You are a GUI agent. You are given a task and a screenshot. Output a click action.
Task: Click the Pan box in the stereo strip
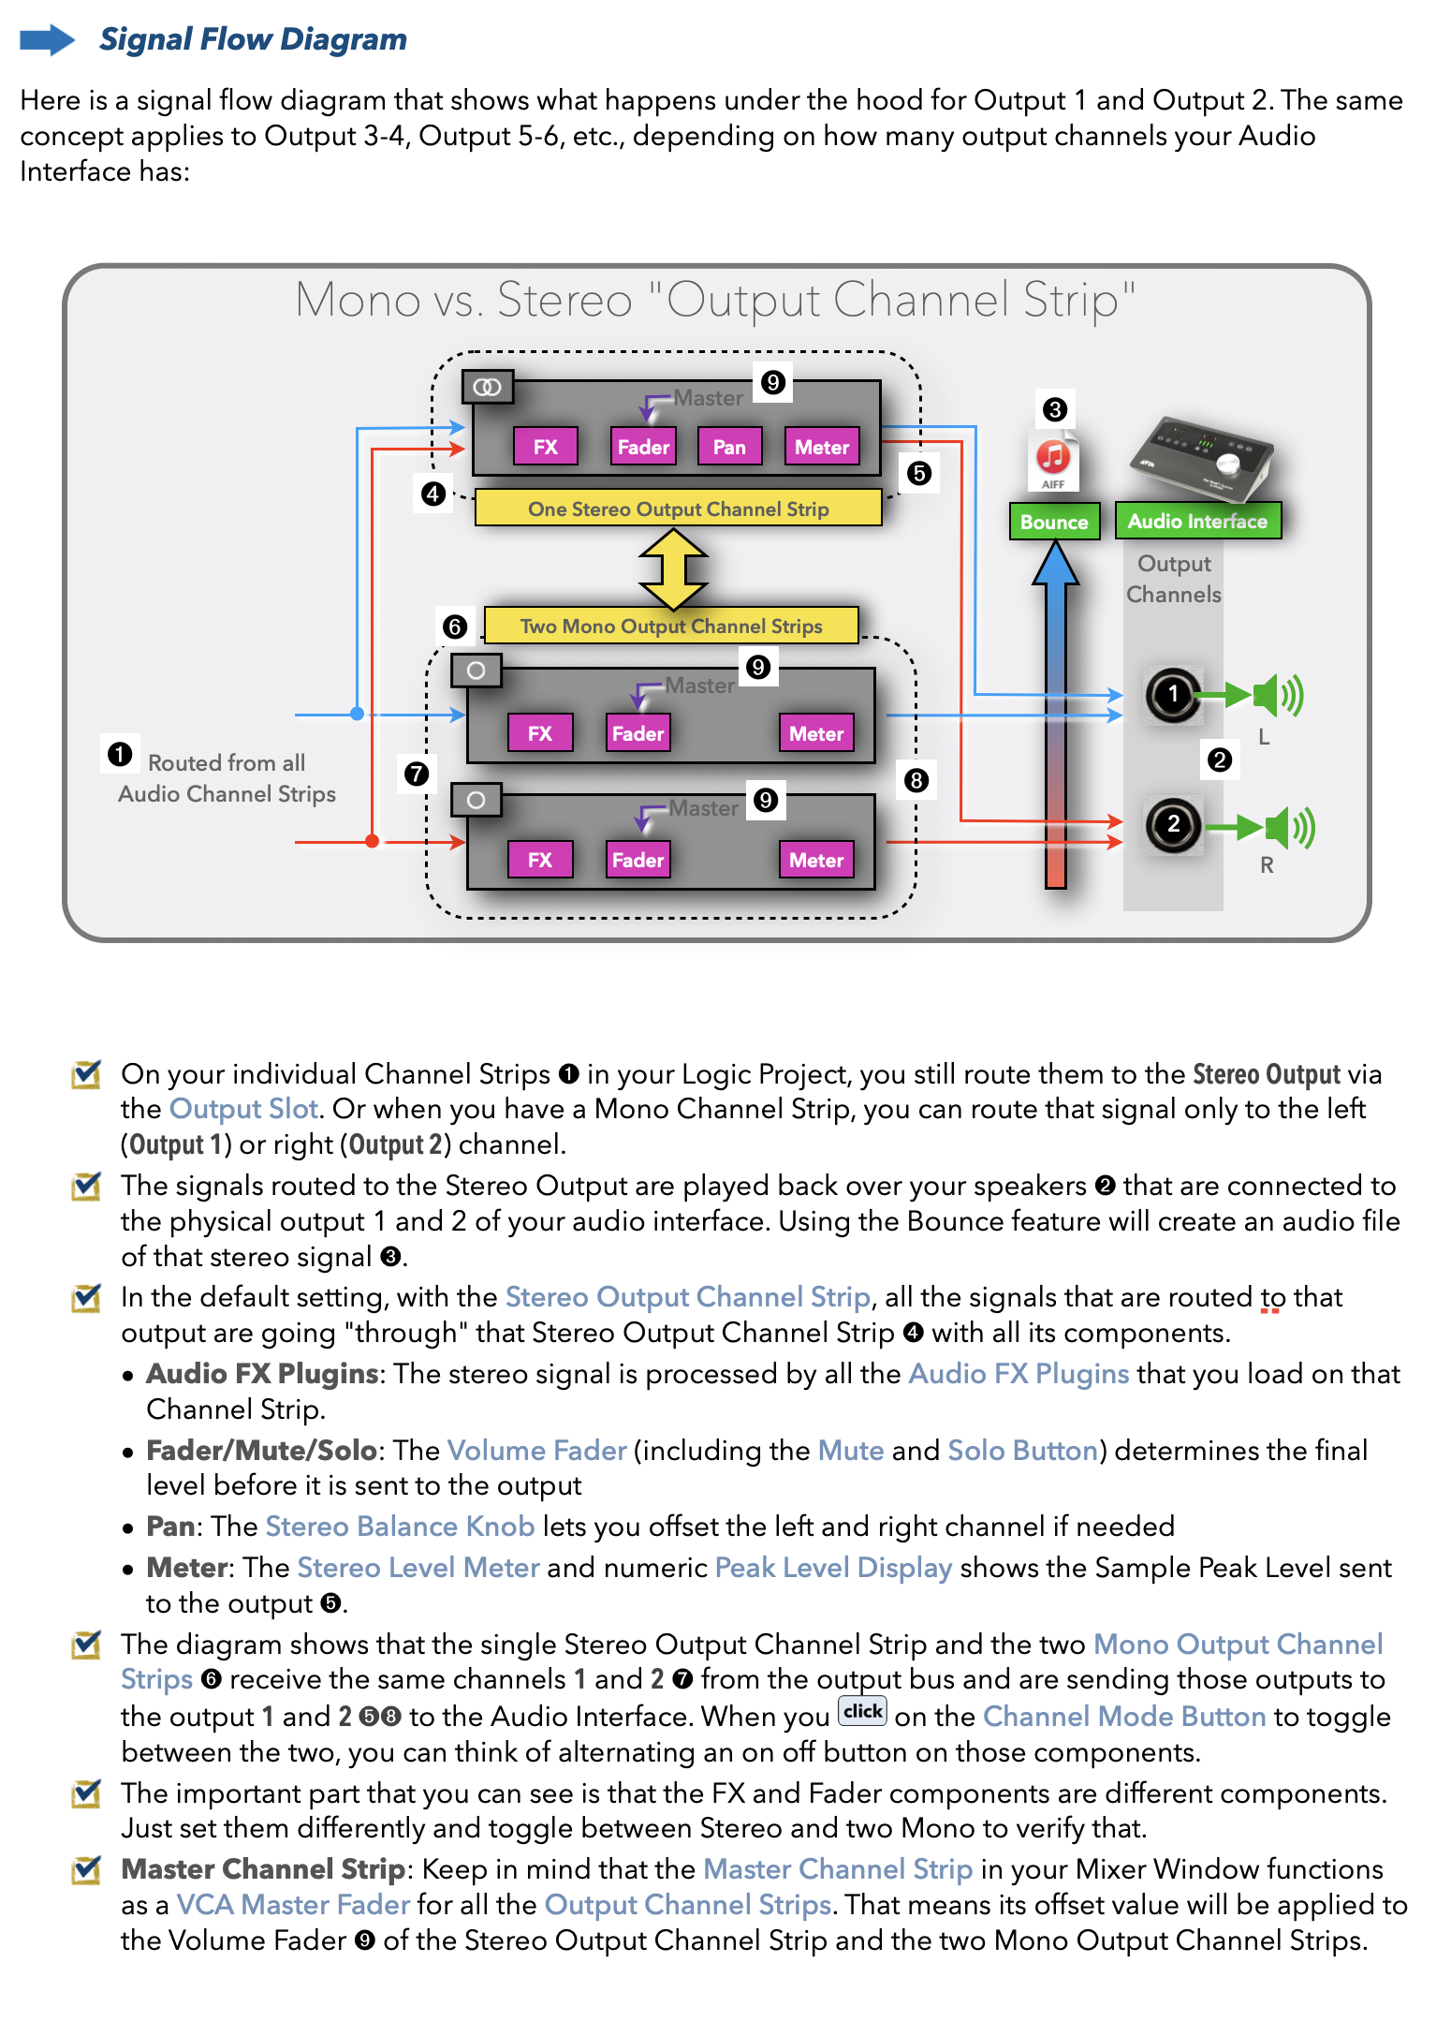coord(729,447)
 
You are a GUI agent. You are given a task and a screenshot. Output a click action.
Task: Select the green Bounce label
coord(1053,522)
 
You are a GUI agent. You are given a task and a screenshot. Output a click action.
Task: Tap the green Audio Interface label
coord(1196,521)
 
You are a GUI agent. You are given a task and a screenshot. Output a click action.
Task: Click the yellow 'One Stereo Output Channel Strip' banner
coord(678,509)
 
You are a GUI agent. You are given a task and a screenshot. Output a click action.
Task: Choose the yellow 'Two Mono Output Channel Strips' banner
coord(670,626)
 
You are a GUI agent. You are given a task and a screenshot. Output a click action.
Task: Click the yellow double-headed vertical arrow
coord(673,568)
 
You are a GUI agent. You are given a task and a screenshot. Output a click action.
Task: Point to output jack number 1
coord(1172,695)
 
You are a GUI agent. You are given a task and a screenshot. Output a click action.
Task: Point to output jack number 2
coord(1172,825)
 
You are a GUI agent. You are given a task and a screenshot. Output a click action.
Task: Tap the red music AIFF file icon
coord(1053,460)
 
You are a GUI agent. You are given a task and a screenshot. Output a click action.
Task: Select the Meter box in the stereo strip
coord(821,447)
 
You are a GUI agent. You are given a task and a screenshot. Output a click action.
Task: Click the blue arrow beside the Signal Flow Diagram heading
coord(47,39)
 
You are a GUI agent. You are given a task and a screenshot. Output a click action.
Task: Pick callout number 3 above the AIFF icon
coord(1055,409)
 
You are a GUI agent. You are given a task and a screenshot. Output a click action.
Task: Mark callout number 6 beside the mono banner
coord(455,626)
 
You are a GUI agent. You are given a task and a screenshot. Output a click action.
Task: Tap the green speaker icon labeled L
coord(1277,695)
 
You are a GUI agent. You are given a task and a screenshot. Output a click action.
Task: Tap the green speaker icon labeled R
coord(1288,827)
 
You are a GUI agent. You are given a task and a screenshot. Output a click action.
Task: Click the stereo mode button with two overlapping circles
coord(488,387)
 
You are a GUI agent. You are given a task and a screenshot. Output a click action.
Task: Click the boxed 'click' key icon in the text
coord(862,1711)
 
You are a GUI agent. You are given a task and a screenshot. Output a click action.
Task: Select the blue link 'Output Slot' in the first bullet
coord(243,1109)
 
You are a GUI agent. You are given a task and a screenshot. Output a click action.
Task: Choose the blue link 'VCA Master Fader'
coord(293,1905)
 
